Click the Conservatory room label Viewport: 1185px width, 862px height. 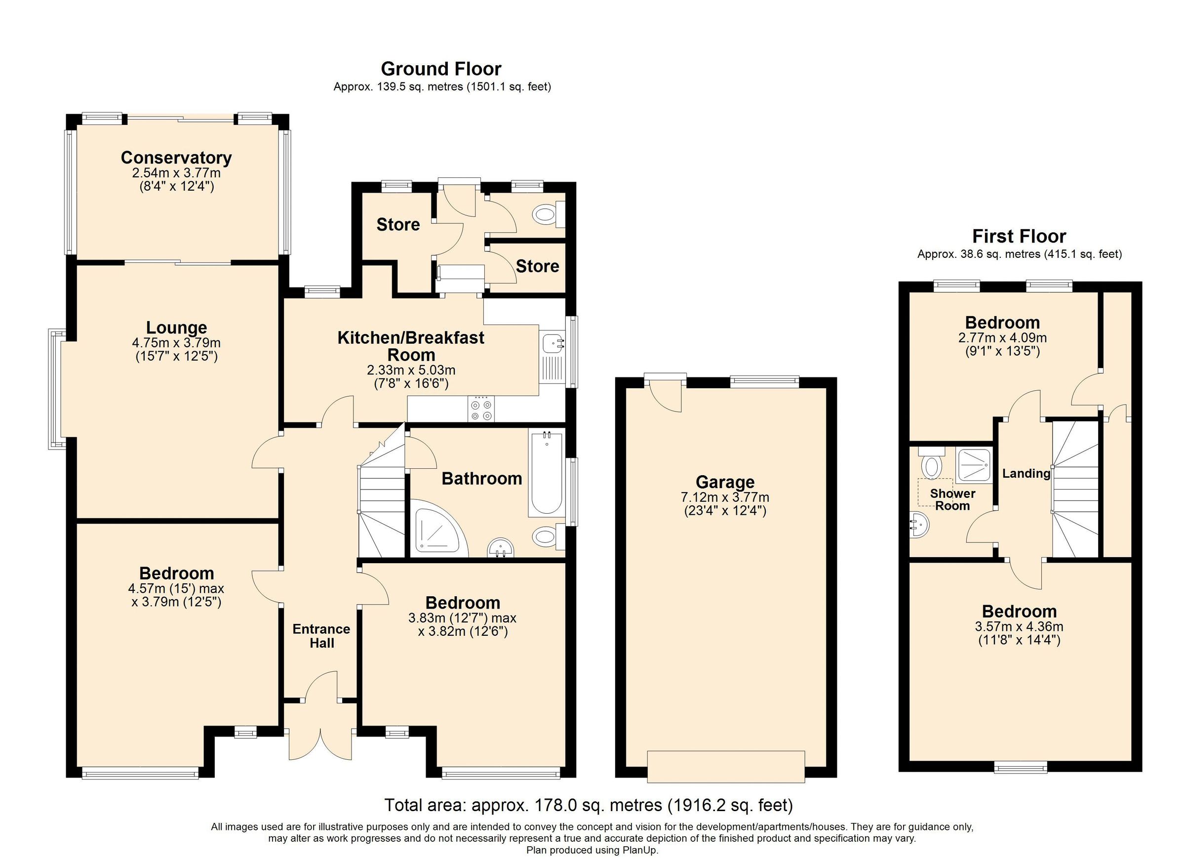(x=176, y=158)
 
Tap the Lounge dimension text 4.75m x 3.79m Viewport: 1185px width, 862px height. (x=176, y=343)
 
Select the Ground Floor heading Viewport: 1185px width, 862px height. (x=441, y=69)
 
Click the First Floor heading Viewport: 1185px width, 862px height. (x=1018, y=236)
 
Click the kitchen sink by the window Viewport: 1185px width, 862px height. (x=553, y=344)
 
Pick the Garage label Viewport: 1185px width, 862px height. (x=725, y=482)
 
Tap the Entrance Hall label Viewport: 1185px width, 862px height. (x=321, y=636)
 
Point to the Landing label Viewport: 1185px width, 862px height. (x=1026, y=474)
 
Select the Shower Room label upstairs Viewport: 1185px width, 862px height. (x=952, y=500)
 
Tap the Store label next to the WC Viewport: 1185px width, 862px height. (x=537, y=267)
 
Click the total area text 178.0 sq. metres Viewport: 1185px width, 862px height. (x=589, y=805)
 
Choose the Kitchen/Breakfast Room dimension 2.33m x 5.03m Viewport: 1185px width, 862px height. (x=411, y=370)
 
